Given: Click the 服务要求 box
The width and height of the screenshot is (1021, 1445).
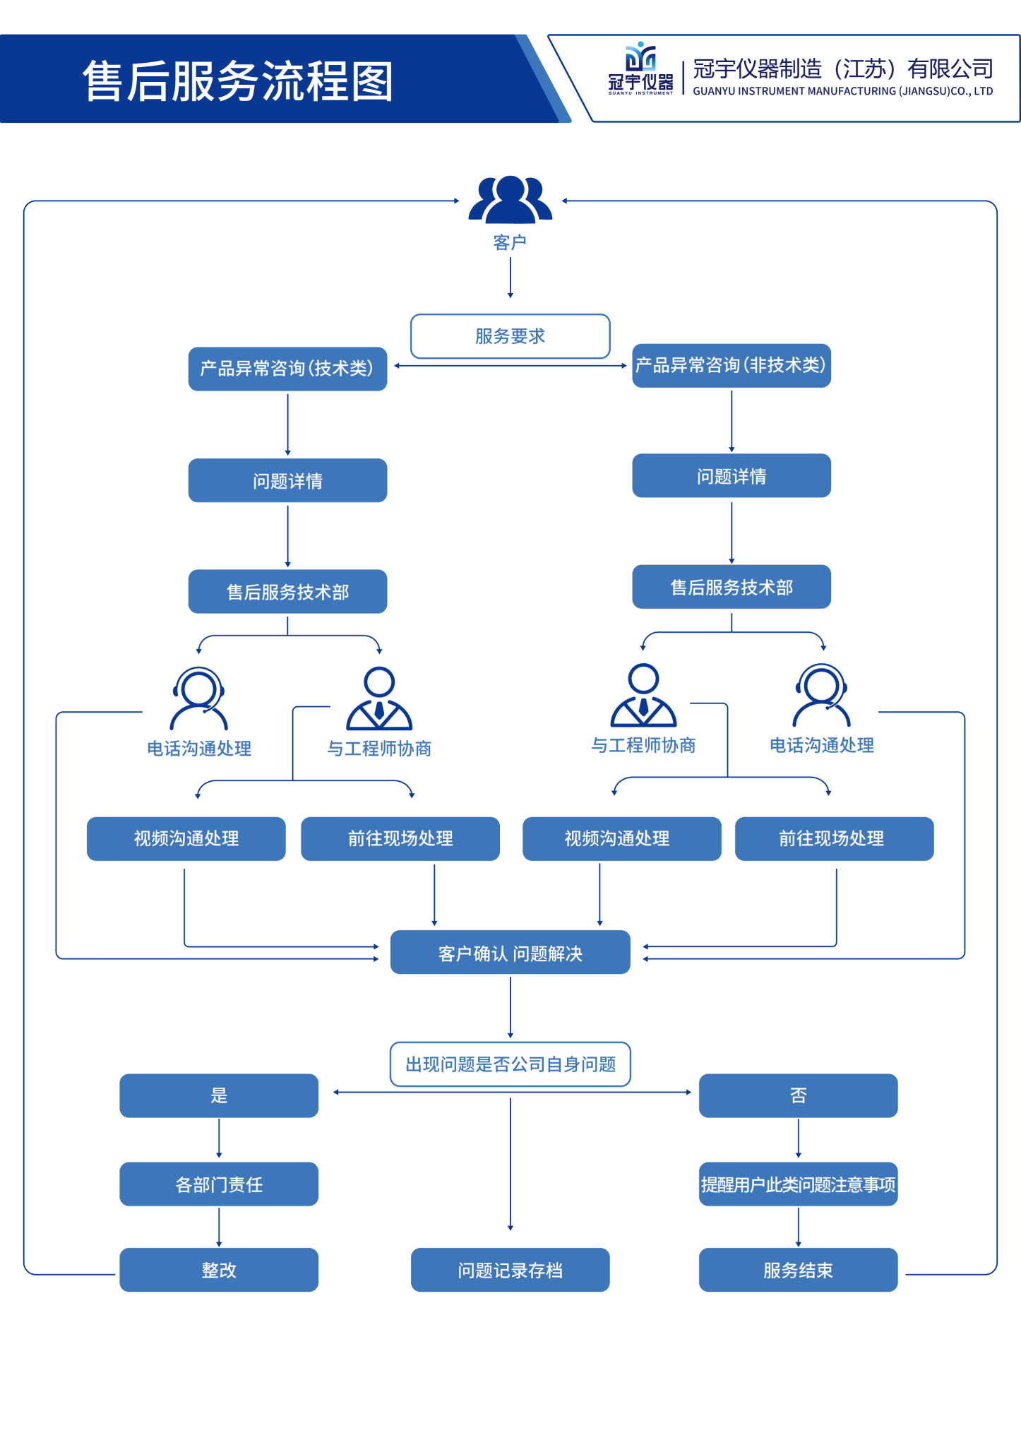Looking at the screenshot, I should pos(510,336).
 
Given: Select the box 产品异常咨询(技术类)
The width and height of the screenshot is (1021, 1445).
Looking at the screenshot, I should pos(287,369).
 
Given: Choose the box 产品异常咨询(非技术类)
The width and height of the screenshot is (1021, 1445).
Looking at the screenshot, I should pos(731,365).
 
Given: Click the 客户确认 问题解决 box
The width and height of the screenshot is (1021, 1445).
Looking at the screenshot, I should pos(510,953).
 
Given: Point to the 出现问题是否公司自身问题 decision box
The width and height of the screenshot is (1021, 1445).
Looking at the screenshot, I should pos(510,1064).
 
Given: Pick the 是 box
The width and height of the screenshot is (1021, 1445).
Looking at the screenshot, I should pos(219,1095).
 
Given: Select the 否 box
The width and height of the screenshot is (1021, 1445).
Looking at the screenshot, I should pos(798,1095).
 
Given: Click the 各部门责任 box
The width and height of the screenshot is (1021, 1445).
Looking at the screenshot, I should pos(219,1184).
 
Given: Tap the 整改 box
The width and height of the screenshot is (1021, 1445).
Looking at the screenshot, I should pos(219,1270).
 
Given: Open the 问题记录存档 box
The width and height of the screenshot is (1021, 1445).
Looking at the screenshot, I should pos(510,1270).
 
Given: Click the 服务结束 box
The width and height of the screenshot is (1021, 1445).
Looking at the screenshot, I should pos(798,1270).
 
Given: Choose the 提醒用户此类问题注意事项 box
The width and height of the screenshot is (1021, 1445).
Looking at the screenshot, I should pos(798,1184).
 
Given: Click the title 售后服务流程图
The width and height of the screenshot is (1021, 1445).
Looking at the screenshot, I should pos(237,81).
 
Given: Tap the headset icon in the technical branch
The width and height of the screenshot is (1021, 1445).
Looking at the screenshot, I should pos(198,698).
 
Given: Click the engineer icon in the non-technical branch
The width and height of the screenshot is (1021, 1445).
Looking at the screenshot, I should pos(643,695).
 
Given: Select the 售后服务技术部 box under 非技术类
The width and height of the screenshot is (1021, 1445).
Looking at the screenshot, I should pos(731,587).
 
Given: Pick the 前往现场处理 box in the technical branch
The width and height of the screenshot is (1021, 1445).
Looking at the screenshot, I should pos(400,838).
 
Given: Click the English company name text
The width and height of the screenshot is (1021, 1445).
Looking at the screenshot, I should pos(842,91).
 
